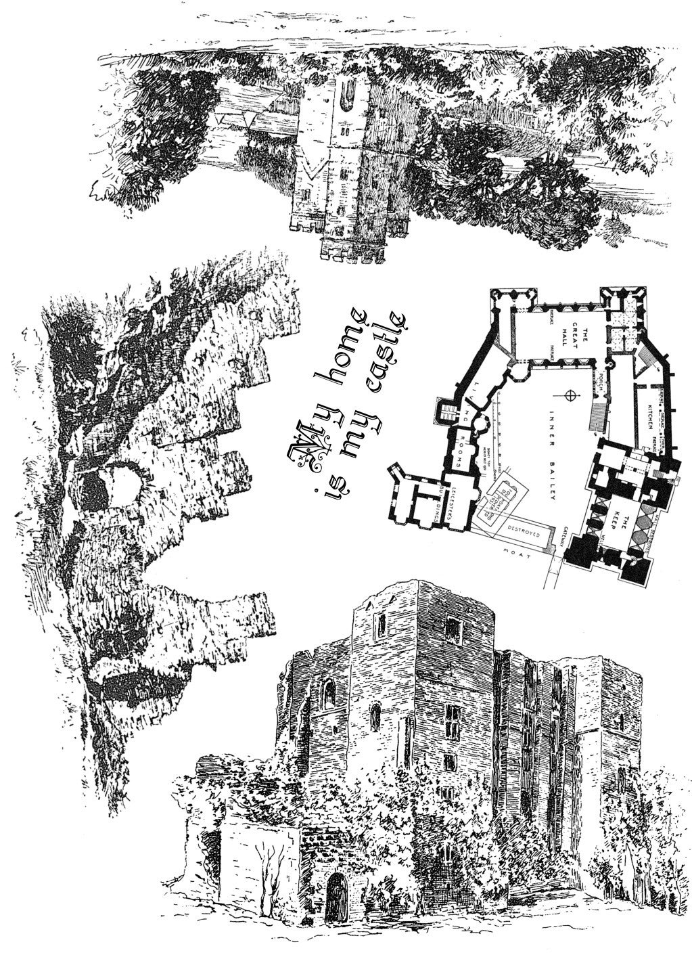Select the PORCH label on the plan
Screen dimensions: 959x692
[x=601, y=386]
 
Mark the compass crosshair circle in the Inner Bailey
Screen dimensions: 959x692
[x=572, y=394]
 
